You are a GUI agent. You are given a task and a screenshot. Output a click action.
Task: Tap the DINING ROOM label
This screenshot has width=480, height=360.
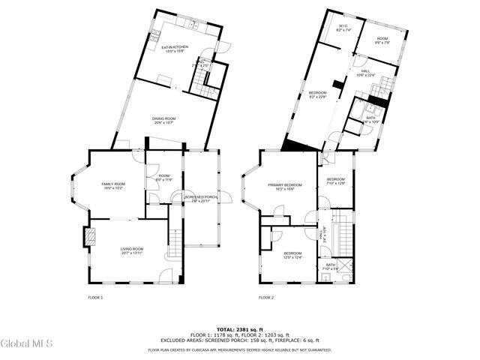[163, 120]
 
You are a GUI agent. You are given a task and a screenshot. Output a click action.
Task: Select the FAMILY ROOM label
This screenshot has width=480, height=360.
[113, 186]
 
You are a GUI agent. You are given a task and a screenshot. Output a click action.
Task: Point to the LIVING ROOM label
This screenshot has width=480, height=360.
[131, 250]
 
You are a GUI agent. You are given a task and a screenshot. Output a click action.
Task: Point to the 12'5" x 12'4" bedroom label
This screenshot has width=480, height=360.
[292, 255]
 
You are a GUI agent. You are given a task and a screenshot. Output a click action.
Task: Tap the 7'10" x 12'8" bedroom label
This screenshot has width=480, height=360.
[335, 181]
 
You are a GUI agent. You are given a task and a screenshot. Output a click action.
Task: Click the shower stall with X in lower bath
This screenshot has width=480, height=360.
[326, 278]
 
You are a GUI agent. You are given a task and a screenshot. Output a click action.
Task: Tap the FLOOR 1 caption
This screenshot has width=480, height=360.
[95, 298]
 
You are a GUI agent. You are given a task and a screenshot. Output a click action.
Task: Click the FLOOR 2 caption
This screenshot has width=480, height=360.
[266, 298]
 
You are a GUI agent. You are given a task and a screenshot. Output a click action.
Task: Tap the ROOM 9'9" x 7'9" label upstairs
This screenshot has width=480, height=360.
[382, 40]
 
